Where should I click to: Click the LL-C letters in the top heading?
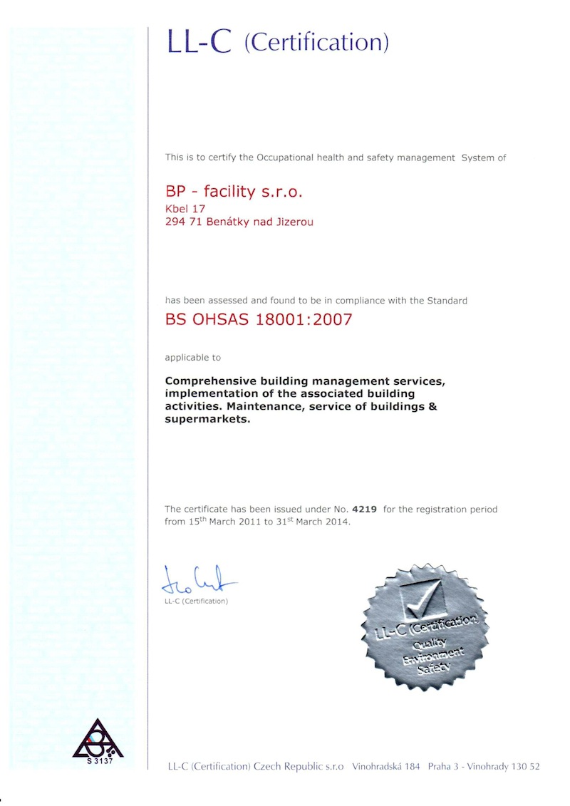[199, 42]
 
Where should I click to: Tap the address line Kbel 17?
[185, 209]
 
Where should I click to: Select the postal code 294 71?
[182, 222]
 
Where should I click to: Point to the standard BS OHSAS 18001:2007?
[259, 319]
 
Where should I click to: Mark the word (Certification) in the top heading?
[316, 43]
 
